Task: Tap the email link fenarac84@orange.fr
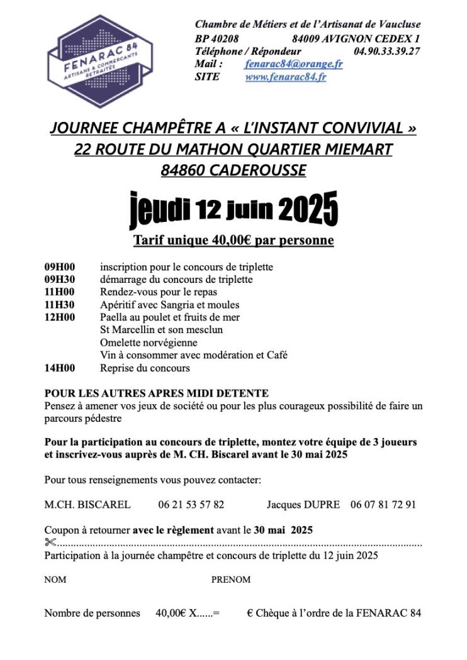(x=294, y=64)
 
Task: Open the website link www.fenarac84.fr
(x=286, y=77)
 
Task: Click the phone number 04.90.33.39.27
(x=387, y=51)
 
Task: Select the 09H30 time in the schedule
(x=59, y=279)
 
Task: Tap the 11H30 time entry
(x=59, y=305)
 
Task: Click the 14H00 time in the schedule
(x=59, y=368)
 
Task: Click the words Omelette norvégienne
(x=149, y=343)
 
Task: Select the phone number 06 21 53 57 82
(x=191, y=504)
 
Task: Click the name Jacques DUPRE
(x=303, y=504)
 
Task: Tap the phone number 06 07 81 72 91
(x=383, y=504)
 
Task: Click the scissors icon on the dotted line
(x=50, y=542)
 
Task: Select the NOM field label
(x=55, y=580)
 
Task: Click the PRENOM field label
(x=230, y=580)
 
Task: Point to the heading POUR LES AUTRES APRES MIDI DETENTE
(x=157, y=393)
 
